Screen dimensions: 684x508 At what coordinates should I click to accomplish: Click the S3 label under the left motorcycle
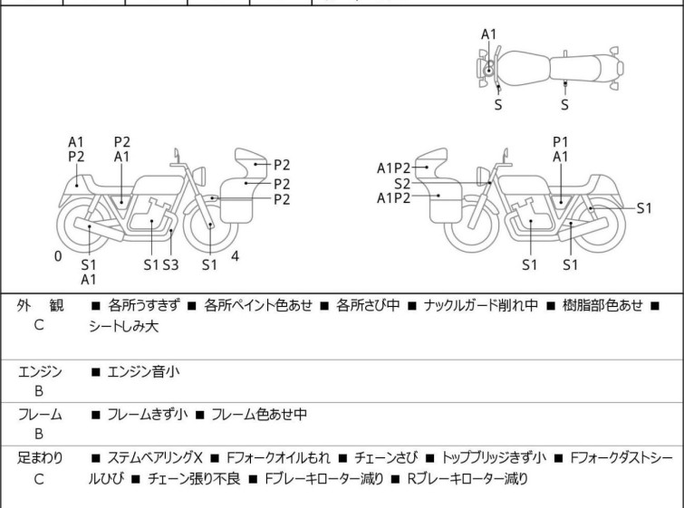pyautogui.click(x=170, y=264)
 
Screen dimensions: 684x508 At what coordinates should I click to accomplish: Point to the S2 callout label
pyautogui.click(x=401, y=184)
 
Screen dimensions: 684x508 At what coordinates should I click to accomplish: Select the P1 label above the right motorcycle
pyautogui.click(x=561, y=142)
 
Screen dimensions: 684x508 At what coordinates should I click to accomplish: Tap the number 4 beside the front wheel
pyautogui.click(x=236, y=256)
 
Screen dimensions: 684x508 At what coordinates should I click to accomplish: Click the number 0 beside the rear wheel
pyautogui.click(x=58, y=256)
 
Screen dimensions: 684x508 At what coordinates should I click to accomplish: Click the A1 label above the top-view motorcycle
pyautogui.click(x=488, y=34)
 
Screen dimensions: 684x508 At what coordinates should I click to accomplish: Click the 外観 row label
pyautogui.click(x=40, y=305)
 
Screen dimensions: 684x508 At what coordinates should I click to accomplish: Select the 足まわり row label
pyautogui.click(x=40, y=458)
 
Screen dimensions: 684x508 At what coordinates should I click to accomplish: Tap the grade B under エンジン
pyautogui.click(x=39, y=391)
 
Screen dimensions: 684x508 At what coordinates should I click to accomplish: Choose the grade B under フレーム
pyautogui.click(x=39, y=434)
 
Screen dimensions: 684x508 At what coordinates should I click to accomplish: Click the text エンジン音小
pyautogui.click(x=143, y=371)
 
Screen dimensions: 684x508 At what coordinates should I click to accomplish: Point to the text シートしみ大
pyautogui.click(x=123, y=326)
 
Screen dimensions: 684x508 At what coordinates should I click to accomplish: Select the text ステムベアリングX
pyautogui.click(x=155, y=458)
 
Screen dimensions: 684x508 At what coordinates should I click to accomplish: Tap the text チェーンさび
pyautogui.click(x=386, y=458)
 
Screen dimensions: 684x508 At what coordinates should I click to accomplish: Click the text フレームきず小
pyautogui.click(x=148, y=414)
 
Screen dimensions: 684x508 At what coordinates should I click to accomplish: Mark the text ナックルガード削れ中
pyautogui.click(x=481, y=305)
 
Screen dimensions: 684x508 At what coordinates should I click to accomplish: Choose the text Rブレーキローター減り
pyautogui.click(x=467, y=479)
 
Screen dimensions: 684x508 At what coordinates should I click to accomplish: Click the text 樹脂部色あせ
pyautogui.click(x=602, y=305)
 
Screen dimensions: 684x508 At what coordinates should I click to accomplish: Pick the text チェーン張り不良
pyautogui.click(x=194, y=479)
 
